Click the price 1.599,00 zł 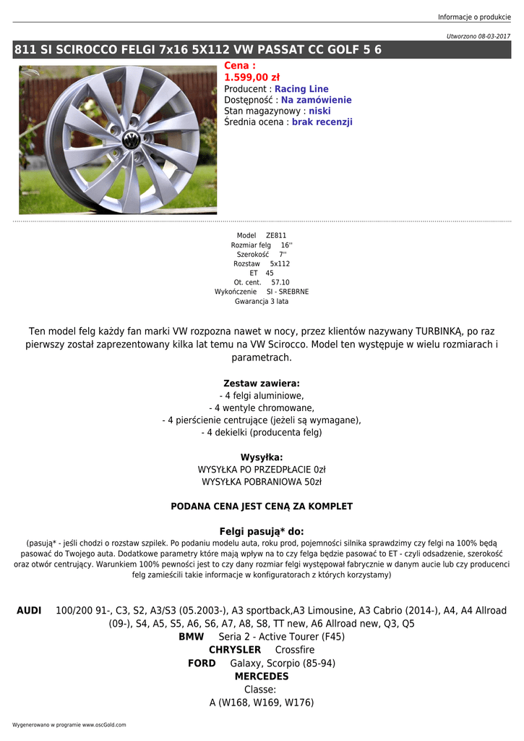pos(252,77)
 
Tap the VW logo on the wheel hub pos(131,140)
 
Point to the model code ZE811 pos(276,236)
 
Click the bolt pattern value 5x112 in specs pos(275,264)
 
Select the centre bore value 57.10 pos(280,283)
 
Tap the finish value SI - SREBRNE pos(288,292)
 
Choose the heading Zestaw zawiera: pos(262,383)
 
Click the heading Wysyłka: pos(262,457)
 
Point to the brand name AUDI pos(29,611)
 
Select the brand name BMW pos(192,637)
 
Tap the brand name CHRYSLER pos(235,650)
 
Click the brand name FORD pos(202,663)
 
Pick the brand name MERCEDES pos(262,676)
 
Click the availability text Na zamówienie pos(317,100)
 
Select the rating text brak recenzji pos(322,122)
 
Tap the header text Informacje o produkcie pos(474,17)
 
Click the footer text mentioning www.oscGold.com pos(69,724)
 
